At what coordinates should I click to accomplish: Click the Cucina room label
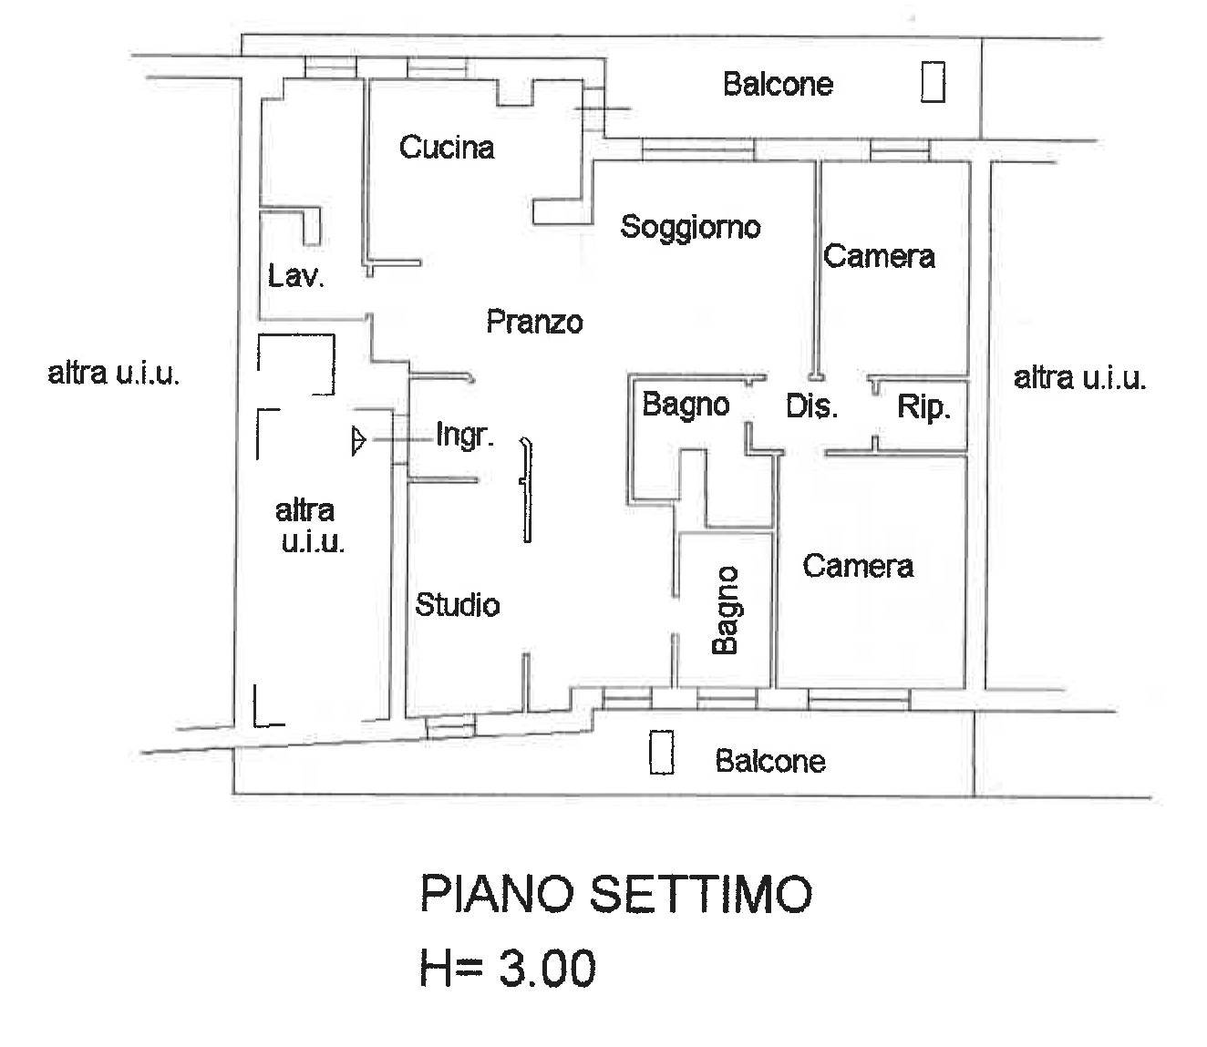click(x=447, y=148)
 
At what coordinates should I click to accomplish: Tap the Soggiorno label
click(x=690, y=228)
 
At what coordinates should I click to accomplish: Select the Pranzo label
click(x=534, y=322)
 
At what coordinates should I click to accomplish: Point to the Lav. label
click(x=296, y=276)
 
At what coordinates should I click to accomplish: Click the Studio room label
click(x=458, y=605)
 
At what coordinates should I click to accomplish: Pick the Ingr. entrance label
click(x=465, y=436)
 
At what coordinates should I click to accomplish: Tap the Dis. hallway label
click(x=811, y=405)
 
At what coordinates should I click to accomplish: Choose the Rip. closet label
click(x=923, y=406)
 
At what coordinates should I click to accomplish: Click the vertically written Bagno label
click(x=725, y=611)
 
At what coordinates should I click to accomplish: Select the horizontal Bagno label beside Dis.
click(x=686, y=405)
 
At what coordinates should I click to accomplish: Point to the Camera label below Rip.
click(x=859, y=566)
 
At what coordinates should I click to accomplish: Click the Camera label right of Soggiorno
click(x=879, y=257)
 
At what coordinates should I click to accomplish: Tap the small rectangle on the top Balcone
click(x=933, y=82)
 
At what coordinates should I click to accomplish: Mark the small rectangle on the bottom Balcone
click(x=661, y=753)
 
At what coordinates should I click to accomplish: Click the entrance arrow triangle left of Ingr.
click(x=358, y=440)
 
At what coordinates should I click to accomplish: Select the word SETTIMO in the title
click(x=700, y=894)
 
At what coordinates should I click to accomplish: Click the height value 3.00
click(x=548, y=968)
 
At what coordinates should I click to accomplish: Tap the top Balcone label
click(x=779, y=85)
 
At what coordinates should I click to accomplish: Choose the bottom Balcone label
click(x=770, y=761)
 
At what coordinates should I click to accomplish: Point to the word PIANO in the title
click(x=497, y=894)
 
